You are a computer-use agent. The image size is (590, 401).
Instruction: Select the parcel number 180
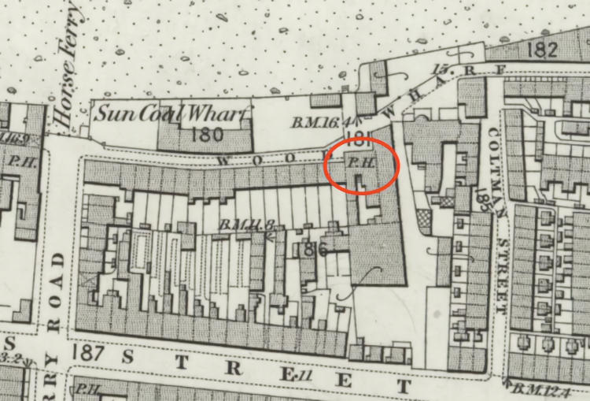(207, 133)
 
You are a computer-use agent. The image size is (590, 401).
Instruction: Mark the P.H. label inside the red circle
(359, 162)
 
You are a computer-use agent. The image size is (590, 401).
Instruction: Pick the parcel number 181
(356, 142)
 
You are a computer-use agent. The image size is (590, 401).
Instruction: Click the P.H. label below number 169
(18, 158)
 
